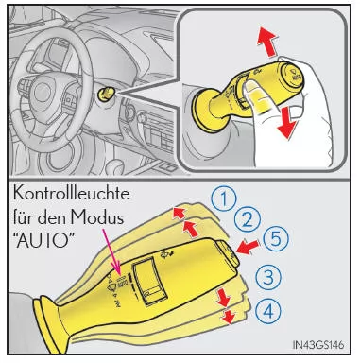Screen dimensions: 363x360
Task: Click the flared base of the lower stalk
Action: (38, 327)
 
